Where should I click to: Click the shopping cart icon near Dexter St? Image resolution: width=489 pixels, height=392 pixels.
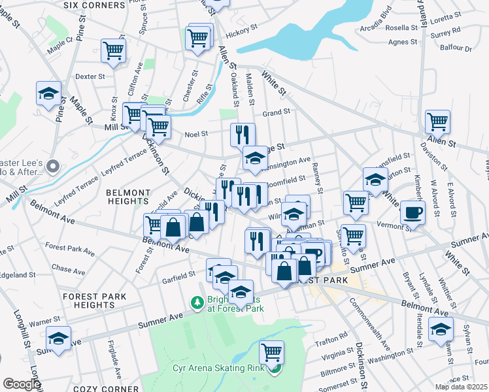(113, 50)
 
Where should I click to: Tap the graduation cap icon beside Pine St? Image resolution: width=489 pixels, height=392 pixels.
(48, 93)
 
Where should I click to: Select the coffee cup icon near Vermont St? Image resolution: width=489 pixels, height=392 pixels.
(413, 212)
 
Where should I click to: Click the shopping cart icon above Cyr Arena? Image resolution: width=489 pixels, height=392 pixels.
(271, 352)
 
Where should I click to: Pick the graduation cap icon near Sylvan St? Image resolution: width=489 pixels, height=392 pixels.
(441, 329)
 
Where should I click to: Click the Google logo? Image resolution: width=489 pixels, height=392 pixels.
(21, 384)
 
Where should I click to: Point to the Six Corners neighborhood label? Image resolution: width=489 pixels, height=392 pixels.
(94, 5)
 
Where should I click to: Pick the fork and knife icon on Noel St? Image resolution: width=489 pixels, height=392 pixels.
(243, 135)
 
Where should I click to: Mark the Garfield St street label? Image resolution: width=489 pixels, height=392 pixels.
(178, 274)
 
